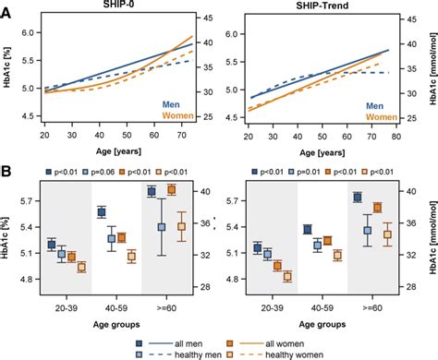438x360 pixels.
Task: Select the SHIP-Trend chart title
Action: tap(320, 6)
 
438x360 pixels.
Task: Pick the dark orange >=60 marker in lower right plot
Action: tap(377, 208)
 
